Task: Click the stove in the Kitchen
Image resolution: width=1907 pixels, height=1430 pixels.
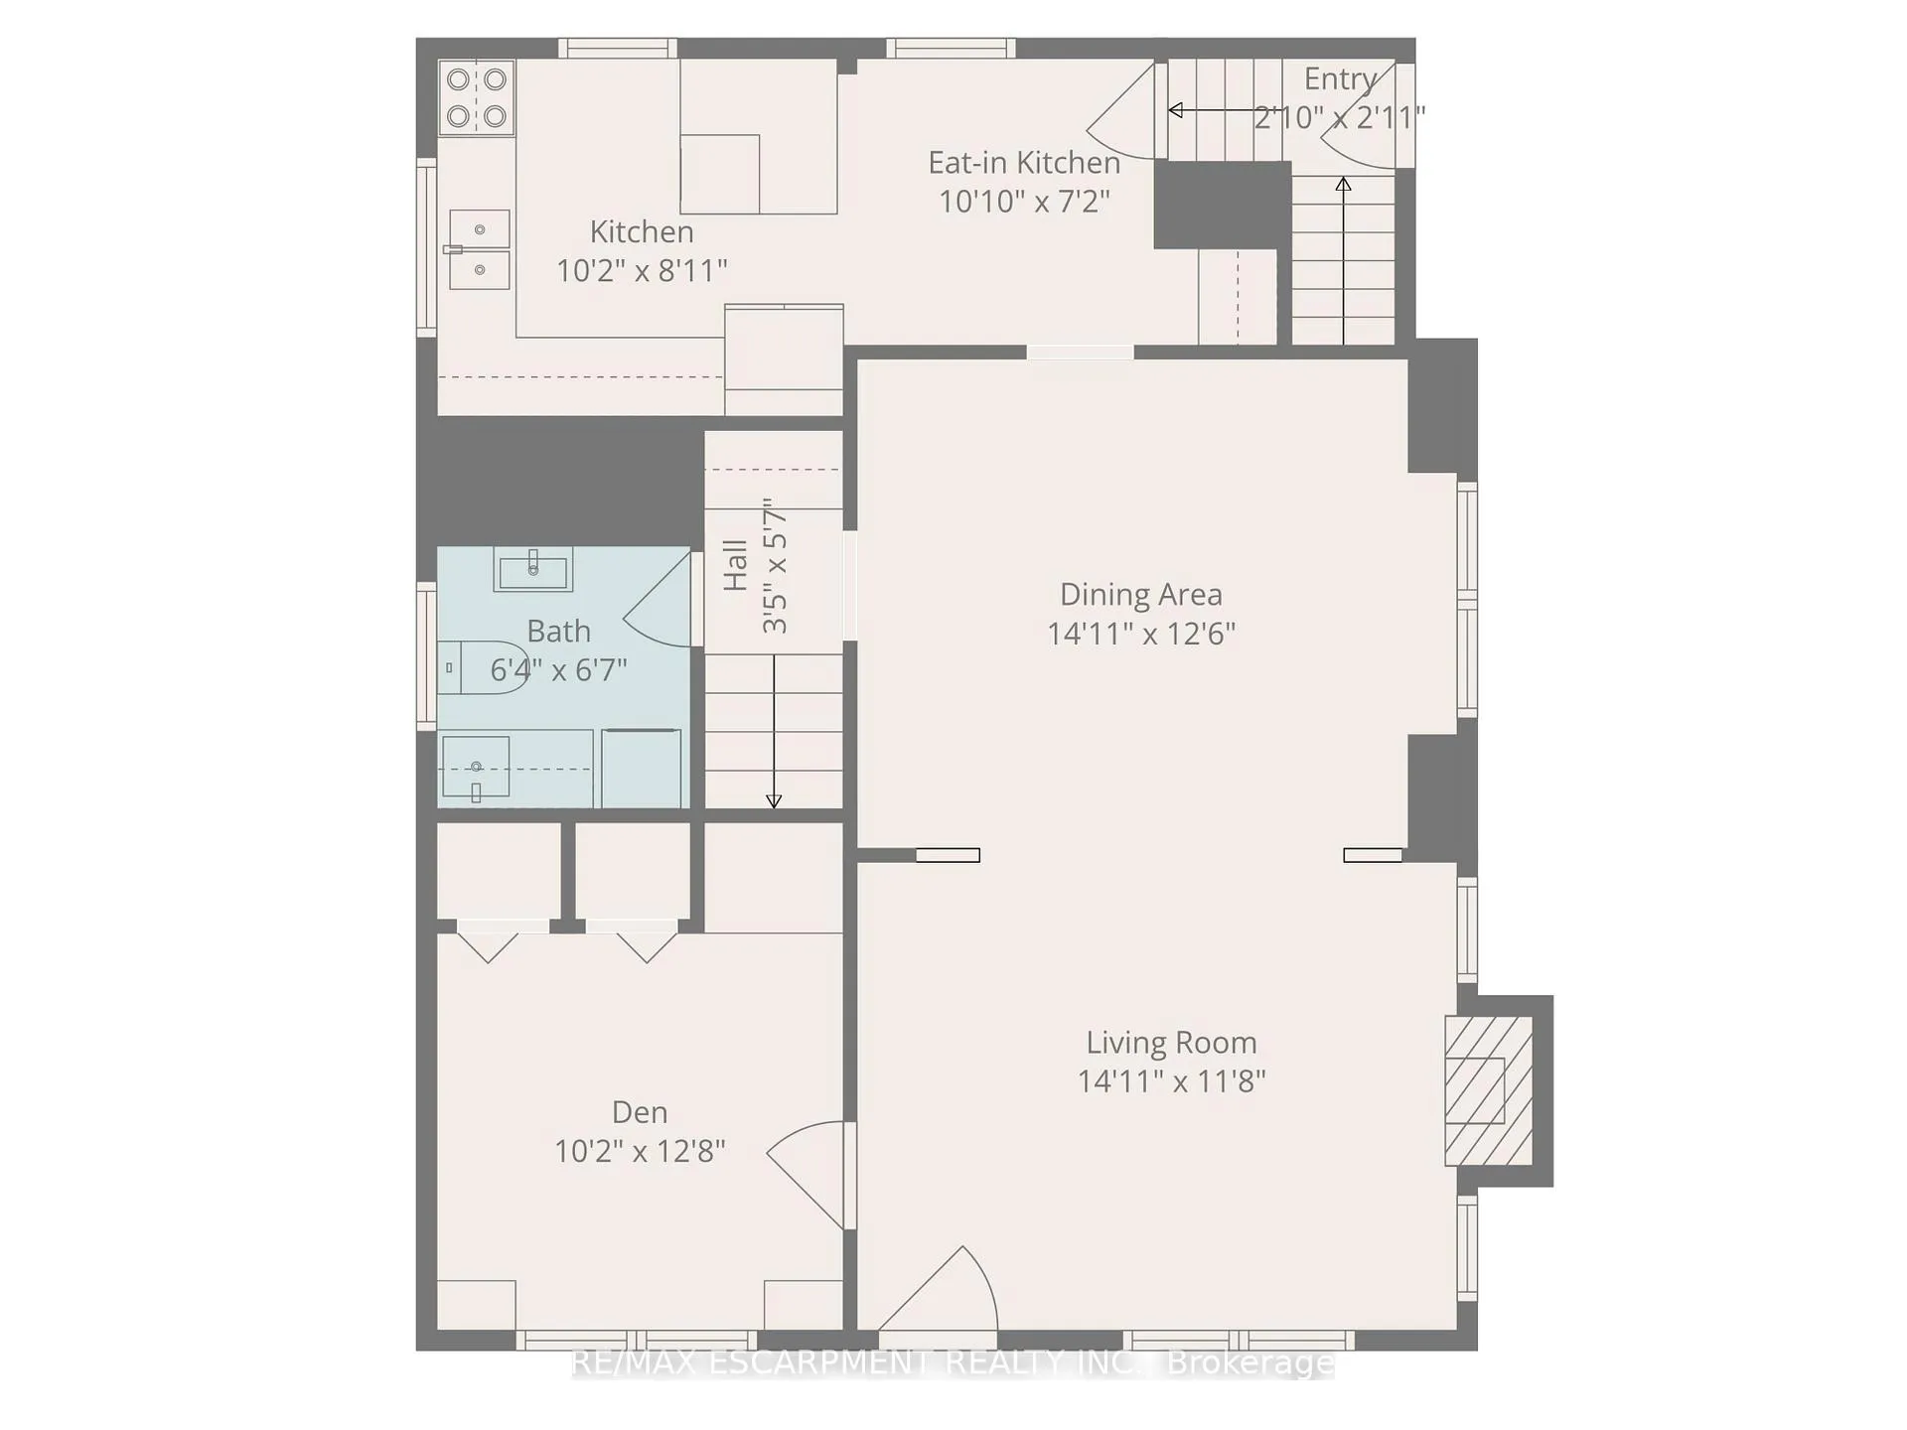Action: [477, 97]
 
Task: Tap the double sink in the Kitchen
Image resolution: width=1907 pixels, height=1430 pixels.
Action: [480, 249]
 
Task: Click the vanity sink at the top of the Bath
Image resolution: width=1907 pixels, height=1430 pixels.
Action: [533, 569]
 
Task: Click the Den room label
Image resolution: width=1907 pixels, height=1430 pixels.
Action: [640, 1111]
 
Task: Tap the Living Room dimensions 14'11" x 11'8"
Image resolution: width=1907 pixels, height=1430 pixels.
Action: [1172, 1080]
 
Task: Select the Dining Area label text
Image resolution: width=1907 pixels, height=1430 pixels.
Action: [1141, 594]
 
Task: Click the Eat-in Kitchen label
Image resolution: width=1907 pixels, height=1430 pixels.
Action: [1024, 162]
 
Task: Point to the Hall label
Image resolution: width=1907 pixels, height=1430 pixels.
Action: [735, 565]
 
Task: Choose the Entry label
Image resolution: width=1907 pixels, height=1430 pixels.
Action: [1340, 77]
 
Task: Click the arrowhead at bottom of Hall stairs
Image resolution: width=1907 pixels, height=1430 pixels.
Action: [774, 801]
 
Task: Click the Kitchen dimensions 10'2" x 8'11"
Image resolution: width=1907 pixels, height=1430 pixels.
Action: [642, 270]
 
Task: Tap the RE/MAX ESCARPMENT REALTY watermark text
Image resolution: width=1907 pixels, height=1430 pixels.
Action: [953, 1363]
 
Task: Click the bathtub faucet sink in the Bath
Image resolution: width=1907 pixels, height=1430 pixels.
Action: [476, 767]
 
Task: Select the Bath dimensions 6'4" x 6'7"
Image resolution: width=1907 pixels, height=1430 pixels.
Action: [559, 669]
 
